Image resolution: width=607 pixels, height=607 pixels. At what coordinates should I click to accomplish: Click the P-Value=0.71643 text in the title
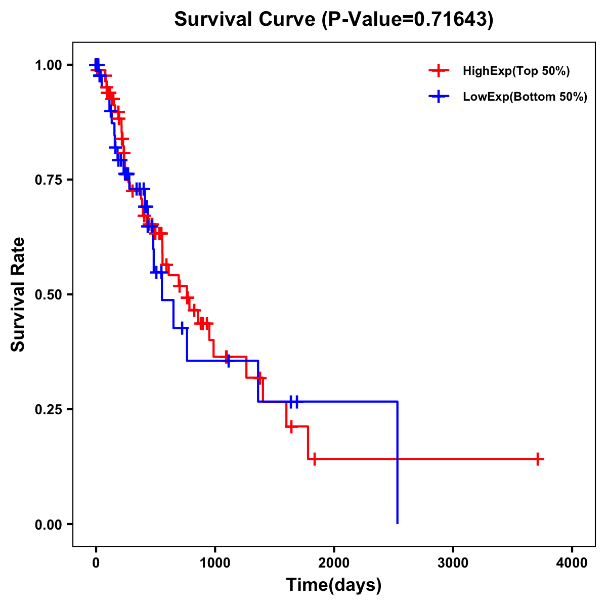409,19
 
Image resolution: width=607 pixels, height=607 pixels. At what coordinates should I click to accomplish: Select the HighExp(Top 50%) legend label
516,71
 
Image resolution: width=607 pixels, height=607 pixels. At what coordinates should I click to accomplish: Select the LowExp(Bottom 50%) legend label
525,97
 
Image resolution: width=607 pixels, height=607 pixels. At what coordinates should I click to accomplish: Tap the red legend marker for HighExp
439,71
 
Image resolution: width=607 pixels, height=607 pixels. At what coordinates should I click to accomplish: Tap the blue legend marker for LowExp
439,97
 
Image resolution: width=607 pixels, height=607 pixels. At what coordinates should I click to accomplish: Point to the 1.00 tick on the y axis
50,65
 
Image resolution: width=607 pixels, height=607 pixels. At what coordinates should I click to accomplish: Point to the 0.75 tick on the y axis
50,180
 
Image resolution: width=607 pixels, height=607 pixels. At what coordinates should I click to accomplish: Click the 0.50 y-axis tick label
50,295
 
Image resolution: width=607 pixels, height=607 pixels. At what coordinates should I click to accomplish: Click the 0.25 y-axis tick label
50,410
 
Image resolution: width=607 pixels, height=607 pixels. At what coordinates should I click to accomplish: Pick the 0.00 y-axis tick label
50,525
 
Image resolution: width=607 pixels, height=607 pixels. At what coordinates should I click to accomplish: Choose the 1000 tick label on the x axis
214,563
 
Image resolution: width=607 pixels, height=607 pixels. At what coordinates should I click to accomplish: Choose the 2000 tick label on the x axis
334,563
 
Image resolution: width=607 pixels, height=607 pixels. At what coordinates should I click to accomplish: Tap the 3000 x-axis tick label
453,563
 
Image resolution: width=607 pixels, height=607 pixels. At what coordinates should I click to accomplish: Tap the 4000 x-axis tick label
572,563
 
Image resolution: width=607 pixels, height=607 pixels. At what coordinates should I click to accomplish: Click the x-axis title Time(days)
334,585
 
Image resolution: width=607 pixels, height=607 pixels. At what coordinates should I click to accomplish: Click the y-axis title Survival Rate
18,294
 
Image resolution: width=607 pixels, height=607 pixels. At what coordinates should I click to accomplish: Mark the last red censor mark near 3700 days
538,459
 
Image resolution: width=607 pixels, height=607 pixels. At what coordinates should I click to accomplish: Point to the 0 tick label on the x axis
96,563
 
